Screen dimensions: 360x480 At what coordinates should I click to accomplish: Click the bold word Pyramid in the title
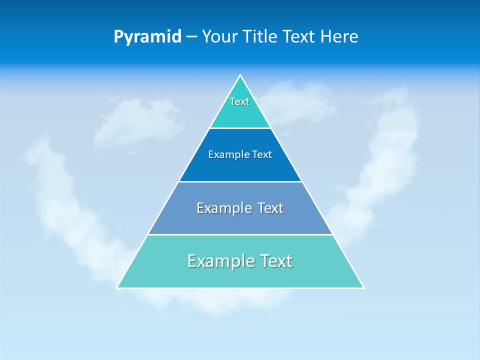(x=147, y=37)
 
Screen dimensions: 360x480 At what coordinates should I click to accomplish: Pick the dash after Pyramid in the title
(x=191, y=37)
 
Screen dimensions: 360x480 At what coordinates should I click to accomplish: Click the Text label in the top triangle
(x=239, y=101)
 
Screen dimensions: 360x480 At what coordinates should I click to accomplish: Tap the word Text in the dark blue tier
(x=262, y=155)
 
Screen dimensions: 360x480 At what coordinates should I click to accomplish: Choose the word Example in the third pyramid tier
(x=223, y=208)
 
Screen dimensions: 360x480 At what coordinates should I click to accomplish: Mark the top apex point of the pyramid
(x=240, y=75)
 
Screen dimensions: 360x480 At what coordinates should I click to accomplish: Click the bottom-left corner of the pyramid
(x=117, y=287)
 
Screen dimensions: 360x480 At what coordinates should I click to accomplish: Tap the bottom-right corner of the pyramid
(x=363, y=287)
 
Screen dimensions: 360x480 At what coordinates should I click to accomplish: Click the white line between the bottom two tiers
(x=240, y=234)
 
